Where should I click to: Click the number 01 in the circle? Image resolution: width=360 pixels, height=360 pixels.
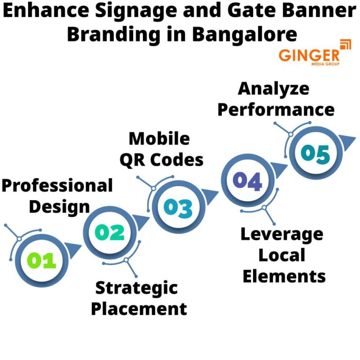point(41,261)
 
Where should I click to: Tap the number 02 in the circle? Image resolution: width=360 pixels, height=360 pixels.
point(109,233)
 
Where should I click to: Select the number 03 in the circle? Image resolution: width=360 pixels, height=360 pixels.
point(178,207)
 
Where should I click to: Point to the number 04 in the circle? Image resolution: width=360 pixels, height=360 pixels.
point(247,181)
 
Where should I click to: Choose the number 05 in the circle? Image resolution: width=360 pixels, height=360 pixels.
point(315,153)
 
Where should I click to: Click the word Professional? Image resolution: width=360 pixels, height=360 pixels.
point(57,185)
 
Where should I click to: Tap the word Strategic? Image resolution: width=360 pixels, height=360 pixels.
point(136,287)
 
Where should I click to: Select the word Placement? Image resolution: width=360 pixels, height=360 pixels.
point(139,309)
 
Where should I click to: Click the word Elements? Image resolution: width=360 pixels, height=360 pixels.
point(284,276)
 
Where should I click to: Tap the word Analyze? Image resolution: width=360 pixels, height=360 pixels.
point(274,89)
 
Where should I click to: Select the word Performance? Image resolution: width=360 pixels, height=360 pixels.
point(276,110)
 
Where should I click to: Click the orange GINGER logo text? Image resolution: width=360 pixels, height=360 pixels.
point(308,55)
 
